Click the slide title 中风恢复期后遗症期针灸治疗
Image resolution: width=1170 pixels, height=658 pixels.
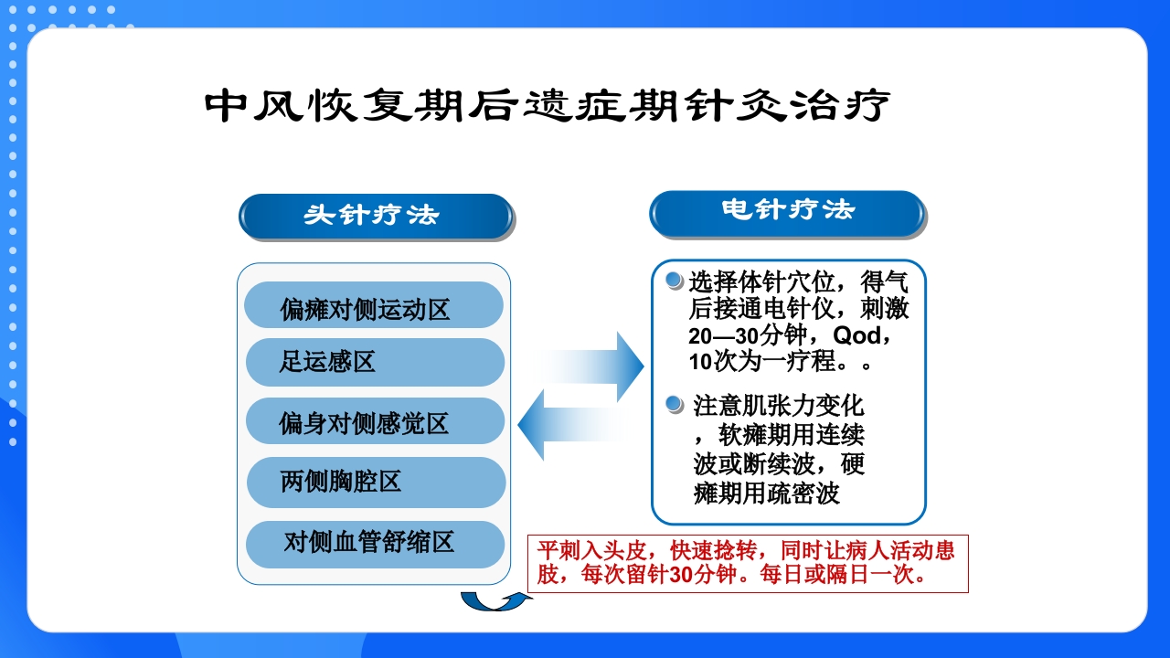click(547, 105)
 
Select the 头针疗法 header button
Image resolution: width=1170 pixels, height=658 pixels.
click(375, 216)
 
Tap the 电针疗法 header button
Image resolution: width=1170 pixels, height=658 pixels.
click(786, 212)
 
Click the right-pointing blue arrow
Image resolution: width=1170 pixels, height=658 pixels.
click(599, 366)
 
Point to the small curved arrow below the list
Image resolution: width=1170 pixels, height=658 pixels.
click(495, 600)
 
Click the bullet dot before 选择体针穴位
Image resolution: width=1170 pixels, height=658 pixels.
click(675, 279)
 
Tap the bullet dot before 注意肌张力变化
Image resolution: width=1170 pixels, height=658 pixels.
click(675, 403)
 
